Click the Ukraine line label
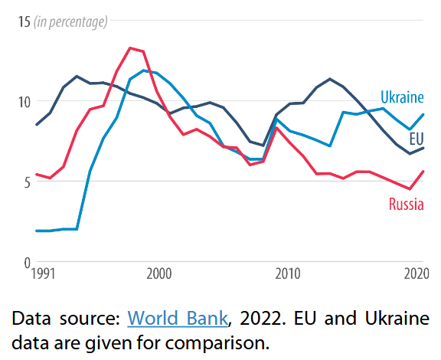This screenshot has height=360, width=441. click(x=402, y=97)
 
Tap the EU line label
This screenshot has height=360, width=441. click(x=416, y=139)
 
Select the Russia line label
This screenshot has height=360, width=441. click(x=406, y=205)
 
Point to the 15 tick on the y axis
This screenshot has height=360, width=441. click(x=21, y=21)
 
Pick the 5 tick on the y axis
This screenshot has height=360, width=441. click(x=24, y=182)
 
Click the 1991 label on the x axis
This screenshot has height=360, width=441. click(x=43, y=273)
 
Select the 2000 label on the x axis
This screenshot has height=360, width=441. click(x=158, y=273)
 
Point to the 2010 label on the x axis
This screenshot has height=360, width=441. click(x=287, y=273)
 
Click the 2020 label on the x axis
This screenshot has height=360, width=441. click(x=413, y=273)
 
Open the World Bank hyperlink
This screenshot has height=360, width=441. click(x=177, y=318)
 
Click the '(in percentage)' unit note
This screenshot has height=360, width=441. click(x=70, y=21)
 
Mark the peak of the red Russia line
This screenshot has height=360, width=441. click(x=130, y=47)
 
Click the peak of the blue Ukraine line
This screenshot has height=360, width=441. click(x=143, y=70)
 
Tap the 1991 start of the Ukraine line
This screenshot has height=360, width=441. click(x=36, y=231)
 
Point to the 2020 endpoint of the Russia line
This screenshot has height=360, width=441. click(x=423, y=172)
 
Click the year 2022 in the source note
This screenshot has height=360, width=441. click(x=257, y=318)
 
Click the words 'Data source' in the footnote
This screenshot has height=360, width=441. click(x=67, y=318)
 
